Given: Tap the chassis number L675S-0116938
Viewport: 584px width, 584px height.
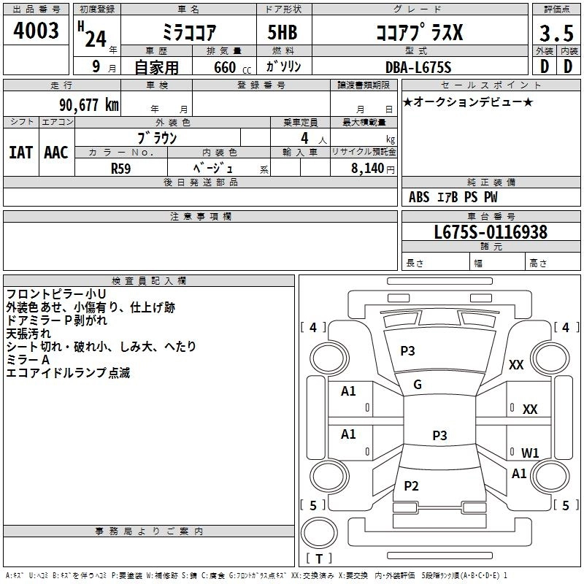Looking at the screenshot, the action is (491, 233).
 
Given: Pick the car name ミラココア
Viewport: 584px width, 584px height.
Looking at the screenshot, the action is (188, 33).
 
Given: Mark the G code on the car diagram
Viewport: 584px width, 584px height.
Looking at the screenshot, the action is (418, 385).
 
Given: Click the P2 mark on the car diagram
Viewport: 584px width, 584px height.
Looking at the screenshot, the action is (412, 486).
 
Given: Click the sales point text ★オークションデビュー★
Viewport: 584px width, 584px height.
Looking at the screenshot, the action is (468, 101).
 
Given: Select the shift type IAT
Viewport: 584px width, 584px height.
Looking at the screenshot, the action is (20, 153).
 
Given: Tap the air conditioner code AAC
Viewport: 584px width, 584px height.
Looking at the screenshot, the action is (56, 153).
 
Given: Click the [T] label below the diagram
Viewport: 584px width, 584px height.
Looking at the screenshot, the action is (319, 559).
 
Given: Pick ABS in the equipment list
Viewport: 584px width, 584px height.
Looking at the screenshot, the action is (419, 197).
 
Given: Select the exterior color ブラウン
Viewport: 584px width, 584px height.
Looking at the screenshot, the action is (158, 137).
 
